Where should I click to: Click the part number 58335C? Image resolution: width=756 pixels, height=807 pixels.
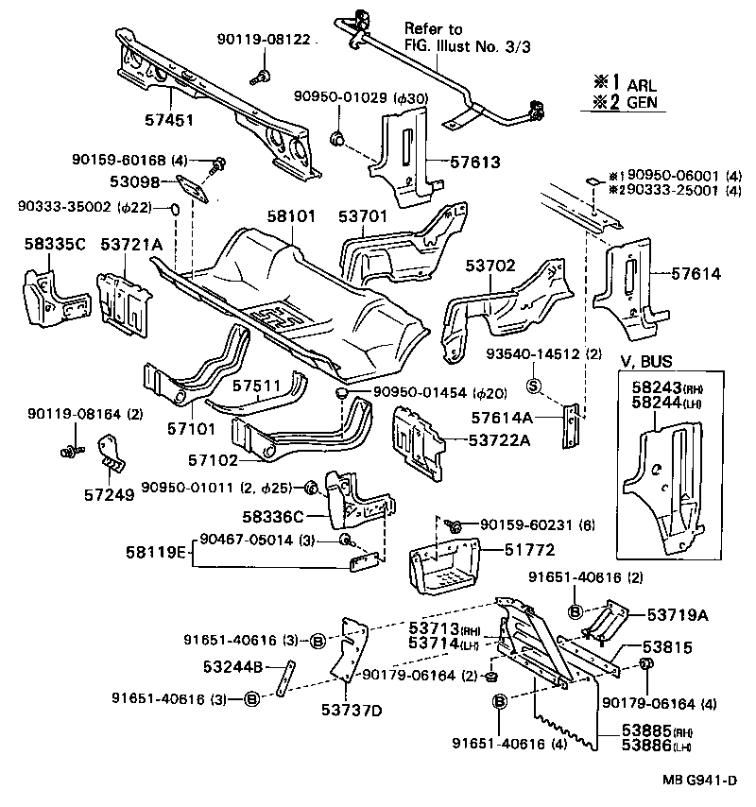tap(55, 246)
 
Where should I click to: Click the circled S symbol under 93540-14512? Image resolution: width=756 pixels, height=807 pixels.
tap(532, 385)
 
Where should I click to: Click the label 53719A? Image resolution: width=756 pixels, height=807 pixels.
tap(677, 614)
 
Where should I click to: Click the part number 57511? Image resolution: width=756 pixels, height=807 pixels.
tap(257, 386)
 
